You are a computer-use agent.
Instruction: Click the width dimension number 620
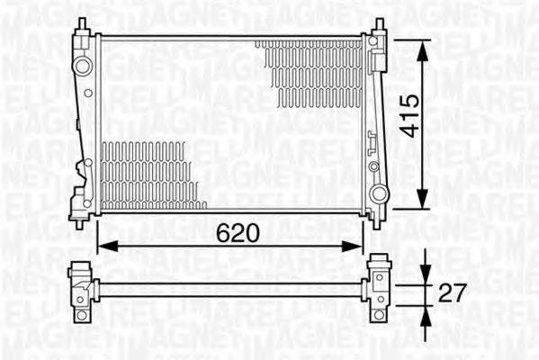coord(238,233)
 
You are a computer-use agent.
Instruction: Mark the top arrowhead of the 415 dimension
coord(421,42)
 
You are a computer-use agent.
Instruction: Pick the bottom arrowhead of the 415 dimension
coord(421,204)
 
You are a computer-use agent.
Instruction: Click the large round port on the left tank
coord(83,65)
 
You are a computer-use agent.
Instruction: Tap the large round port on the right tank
coord(379,193)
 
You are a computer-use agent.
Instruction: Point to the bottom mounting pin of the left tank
coord(81,222)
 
